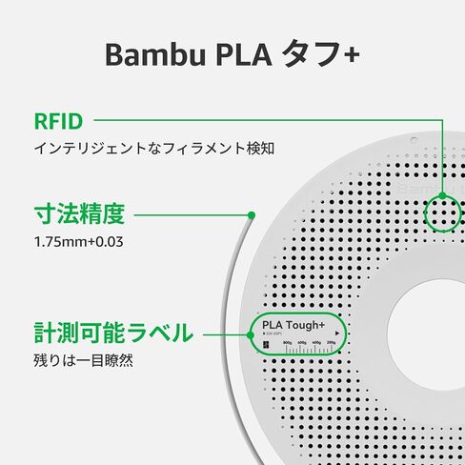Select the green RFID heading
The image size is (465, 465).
(58, 122)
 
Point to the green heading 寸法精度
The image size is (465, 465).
(80, 213)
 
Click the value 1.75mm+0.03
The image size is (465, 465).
(78, 241)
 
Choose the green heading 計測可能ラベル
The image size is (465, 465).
(113, 334)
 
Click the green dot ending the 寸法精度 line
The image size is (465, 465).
(252, 214)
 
